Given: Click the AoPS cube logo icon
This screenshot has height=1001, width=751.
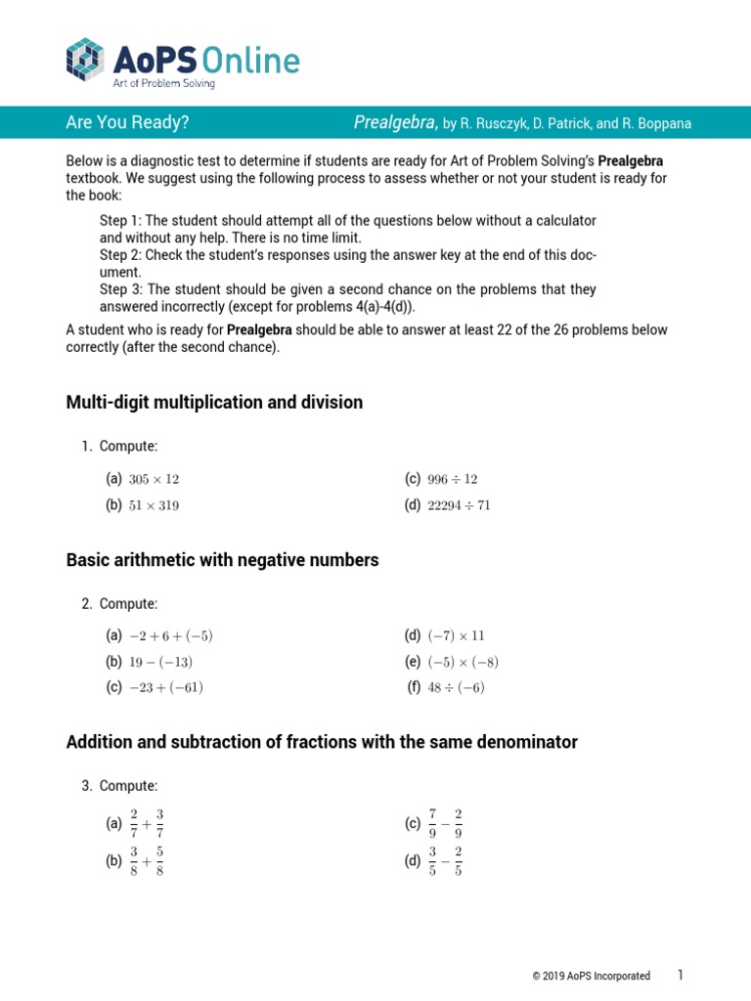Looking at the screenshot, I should coord(84,59).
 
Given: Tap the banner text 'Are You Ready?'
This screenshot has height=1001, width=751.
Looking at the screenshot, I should coord(127,122).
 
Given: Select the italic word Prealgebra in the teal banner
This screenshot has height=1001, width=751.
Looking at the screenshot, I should coord(395,122).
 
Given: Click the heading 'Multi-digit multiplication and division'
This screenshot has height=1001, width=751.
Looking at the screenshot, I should coord(214,402).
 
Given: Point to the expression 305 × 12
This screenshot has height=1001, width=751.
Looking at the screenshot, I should coord(154,479).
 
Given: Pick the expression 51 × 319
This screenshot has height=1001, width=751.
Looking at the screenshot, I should coord(154,505).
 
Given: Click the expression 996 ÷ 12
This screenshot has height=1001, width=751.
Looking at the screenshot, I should coord(453,479).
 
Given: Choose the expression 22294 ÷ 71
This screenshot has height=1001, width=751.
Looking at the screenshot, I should coord(460,505).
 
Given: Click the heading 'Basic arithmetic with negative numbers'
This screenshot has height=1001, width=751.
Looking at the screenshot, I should coord(222,560).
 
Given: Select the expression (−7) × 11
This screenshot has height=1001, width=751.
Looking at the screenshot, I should coord(456,635).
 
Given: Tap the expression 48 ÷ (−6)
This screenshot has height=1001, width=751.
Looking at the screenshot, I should coord(456,687).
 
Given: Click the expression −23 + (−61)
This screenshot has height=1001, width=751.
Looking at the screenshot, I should coord(166,687).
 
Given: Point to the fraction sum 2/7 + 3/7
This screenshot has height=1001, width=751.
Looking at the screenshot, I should coord(147,824).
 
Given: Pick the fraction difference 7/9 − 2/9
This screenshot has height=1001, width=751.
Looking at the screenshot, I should coord(445,824).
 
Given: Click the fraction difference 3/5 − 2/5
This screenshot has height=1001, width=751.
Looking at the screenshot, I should coord(445,863).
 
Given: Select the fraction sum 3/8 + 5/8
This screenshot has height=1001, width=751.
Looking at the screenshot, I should coord(147,863).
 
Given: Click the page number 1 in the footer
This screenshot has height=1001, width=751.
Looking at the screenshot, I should coord(681,976).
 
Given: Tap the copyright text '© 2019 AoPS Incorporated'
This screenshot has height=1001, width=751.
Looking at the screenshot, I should coord(591,976).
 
